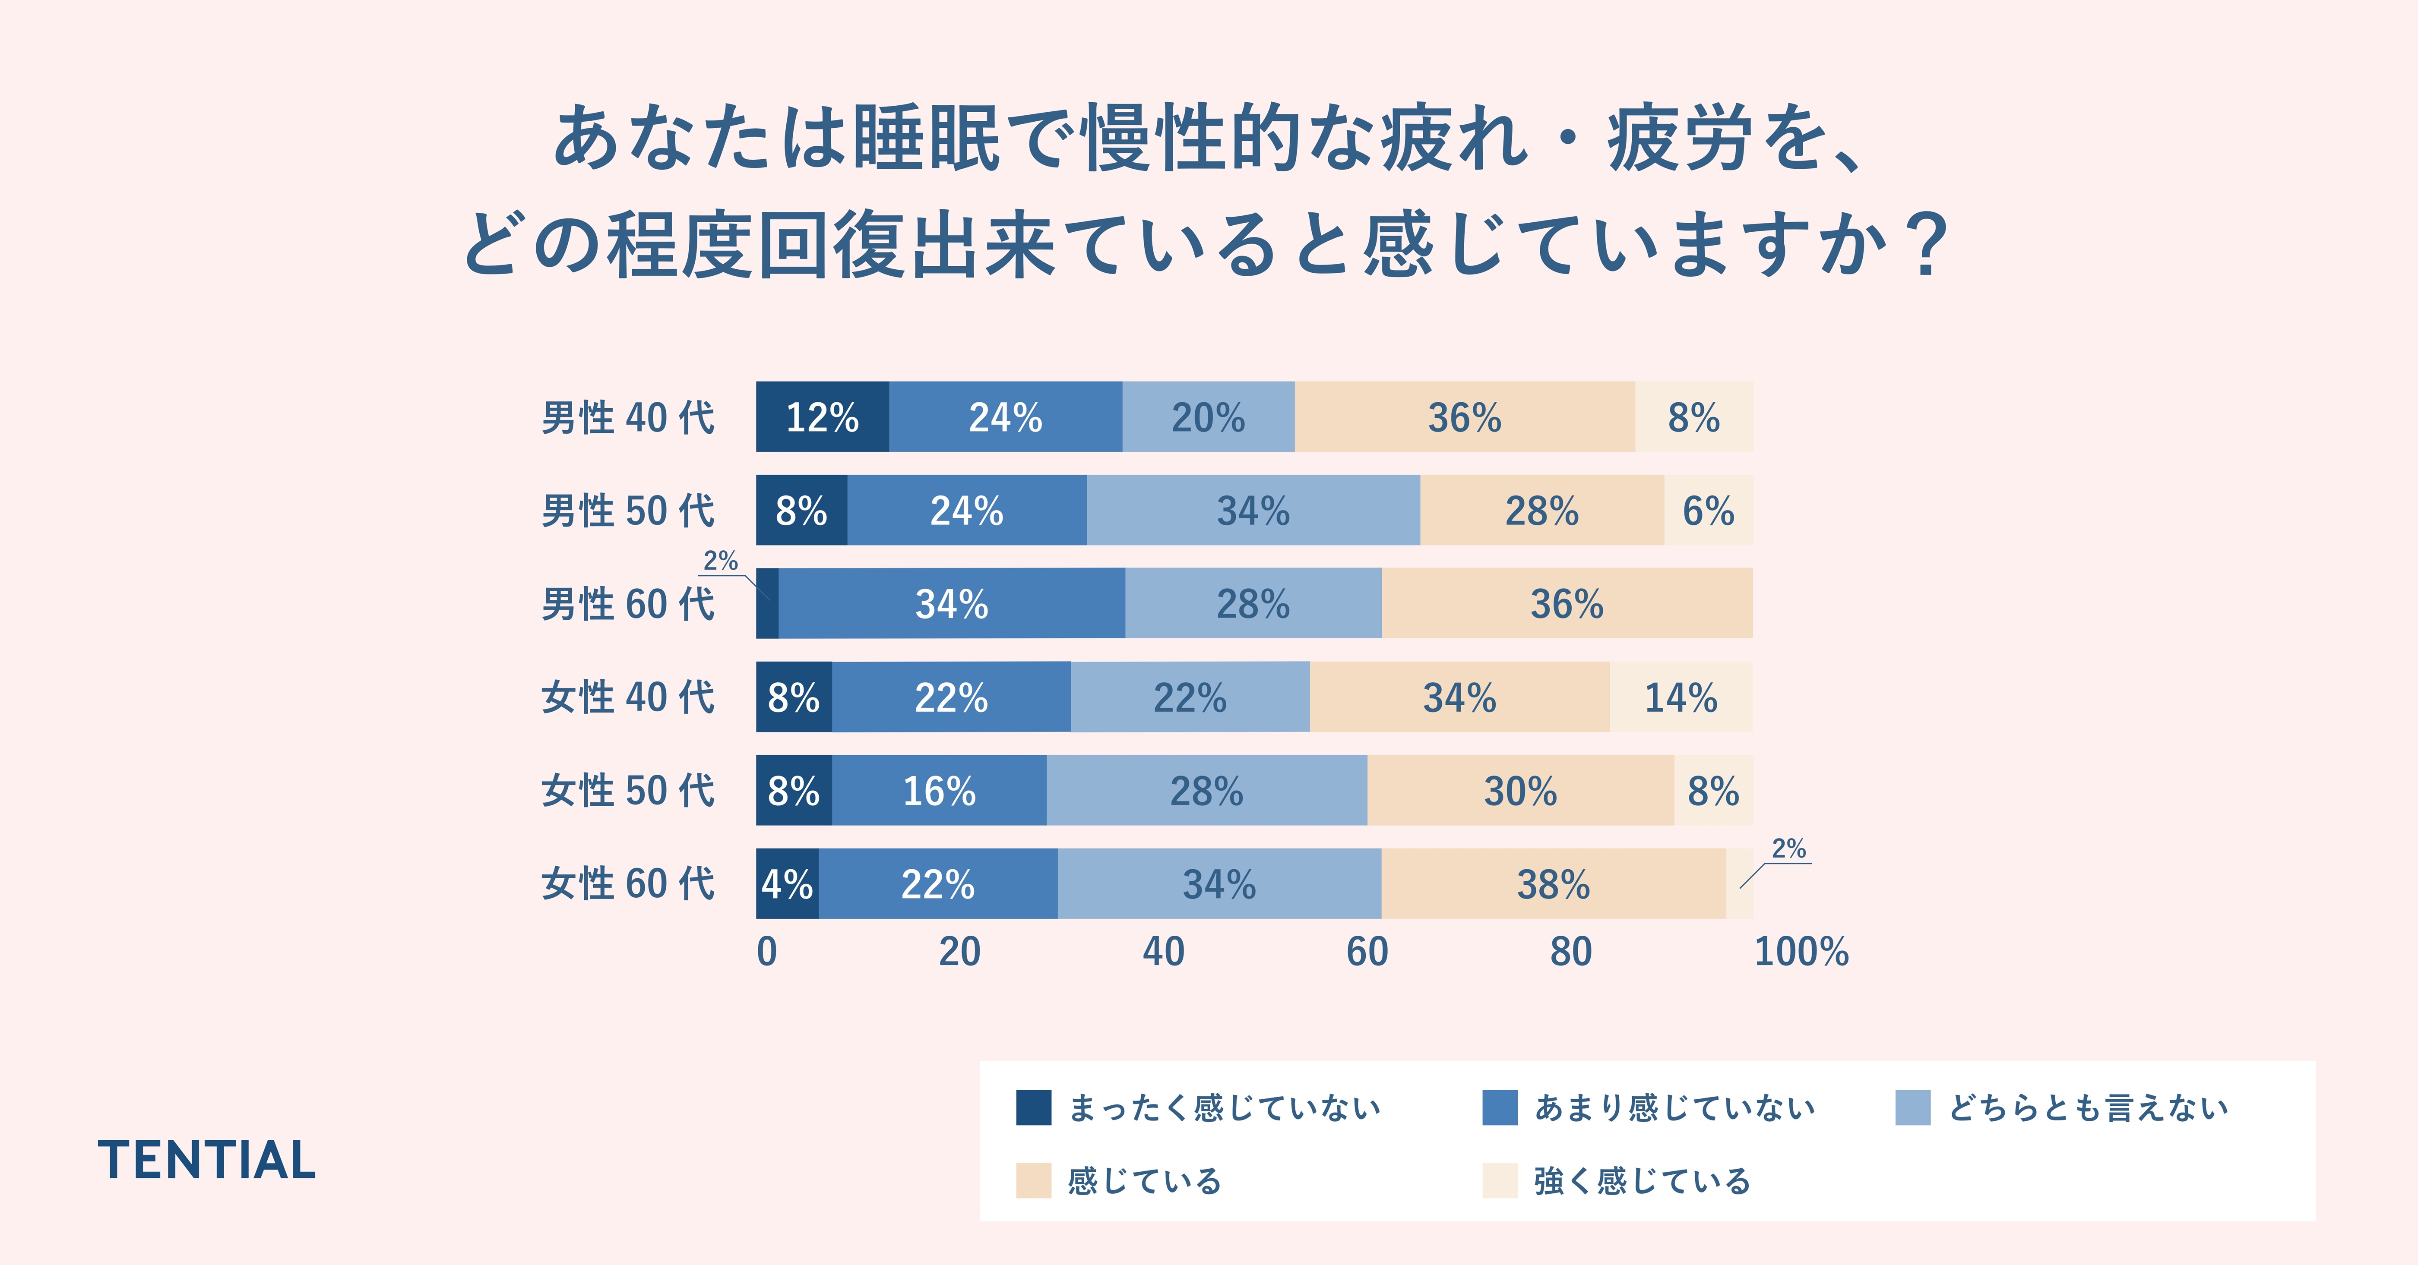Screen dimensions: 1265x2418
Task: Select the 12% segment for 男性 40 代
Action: (822, 416)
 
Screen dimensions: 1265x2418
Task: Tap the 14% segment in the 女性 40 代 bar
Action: (1680, 697)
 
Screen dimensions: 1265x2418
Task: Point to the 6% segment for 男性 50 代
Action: (1707, 511)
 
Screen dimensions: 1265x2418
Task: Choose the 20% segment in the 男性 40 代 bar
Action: (1208, 416)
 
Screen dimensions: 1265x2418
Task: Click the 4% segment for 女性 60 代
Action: (787, 884)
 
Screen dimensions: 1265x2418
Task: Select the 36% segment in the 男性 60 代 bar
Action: (1567, 603)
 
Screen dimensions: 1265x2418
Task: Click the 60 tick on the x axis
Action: (1367, 952)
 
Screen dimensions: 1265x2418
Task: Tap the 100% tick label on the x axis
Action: (1801, 952)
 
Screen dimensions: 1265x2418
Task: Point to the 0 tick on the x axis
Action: (767, 952)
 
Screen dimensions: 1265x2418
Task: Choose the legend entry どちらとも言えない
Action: (2088, 1107)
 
